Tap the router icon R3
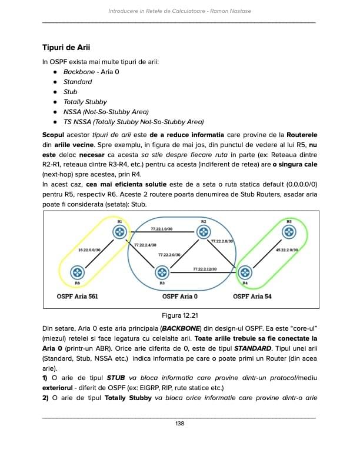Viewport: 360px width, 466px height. click(162, 272)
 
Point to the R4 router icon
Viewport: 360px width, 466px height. click(245, 272)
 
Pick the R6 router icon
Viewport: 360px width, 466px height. click(77, 272)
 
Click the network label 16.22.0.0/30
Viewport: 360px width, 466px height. click(89, 250)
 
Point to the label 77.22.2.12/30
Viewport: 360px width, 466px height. click(205, 269)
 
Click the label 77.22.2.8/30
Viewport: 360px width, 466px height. click(222, 241)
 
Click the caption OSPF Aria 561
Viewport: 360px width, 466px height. click(76, 296)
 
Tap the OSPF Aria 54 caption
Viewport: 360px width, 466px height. click(252, 296)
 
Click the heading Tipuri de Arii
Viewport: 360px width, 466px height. click(66, 46)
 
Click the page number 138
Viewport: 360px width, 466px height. click(180, 423)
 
